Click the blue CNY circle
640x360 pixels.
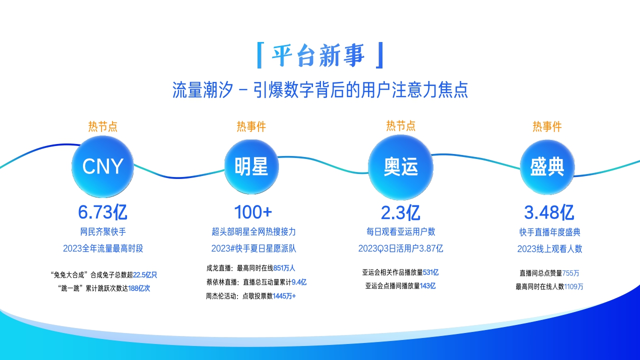point(102,166)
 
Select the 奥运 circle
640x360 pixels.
point(400,166)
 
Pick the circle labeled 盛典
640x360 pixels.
point(547,166)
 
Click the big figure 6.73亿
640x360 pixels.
point(102,212)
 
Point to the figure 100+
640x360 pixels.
point(253,212)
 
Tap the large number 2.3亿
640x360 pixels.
point(400,212)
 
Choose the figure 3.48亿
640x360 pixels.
point(548,212)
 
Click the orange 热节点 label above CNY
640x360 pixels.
point(103,126)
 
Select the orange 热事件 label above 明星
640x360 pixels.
point(251,126)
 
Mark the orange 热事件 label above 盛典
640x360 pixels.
point(547,126)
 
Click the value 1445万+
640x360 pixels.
point(284,296)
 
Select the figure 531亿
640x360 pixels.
point(430,272)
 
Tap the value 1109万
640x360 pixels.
point(573,286)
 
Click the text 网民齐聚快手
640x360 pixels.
point(103,232)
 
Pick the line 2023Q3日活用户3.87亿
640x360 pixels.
point(400,248)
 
